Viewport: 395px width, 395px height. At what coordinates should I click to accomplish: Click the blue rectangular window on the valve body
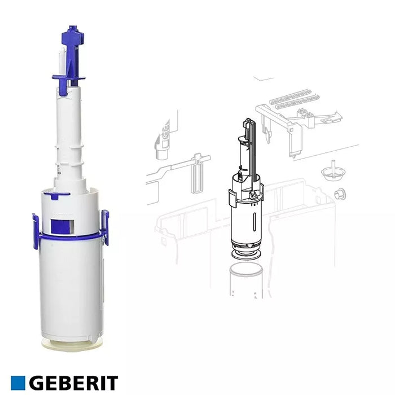pos(62,226)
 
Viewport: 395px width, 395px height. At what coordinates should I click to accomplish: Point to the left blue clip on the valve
pos(36,231)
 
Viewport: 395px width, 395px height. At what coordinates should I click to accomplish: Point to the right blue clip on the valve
pos(105,227)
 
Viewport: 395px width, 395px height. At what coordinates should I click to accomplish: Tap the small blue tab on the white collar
pos(58,195)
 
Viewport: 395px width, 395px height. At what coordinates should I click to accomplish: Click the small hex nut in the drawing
pos(340,195)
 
